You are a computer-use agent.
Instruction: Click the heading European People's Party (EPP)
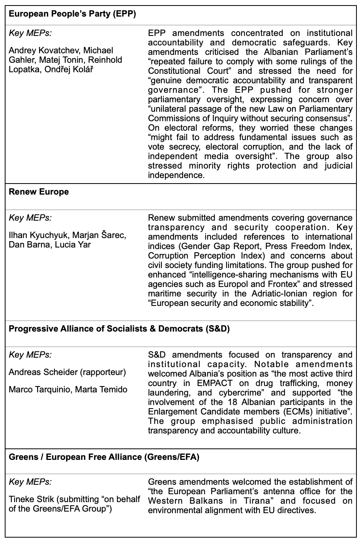click(x=72, y=14)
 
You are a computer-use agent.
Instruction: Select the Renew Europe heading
click(x=39, y=192)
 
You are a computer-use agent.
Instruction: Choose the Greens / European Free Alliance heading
click(x=104, y=457)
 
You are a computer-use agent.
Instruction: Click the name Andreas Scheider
click(x=43, y=372)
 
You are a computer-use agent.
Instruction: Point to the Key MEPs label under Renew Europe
click(x=30, y=218)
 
